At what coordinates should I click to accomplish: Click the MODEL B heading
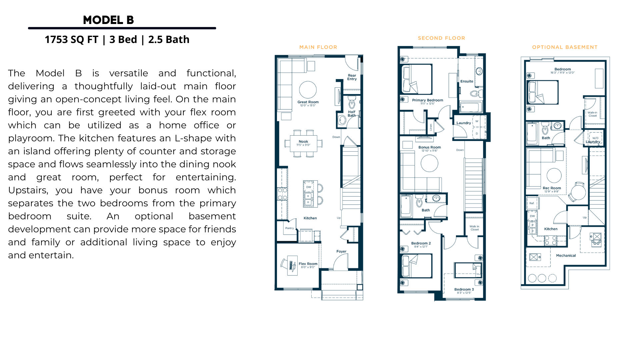108,20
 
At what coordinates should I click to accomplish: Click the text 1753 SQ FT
71,40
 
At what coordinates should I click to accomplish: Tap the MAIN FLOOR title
318,47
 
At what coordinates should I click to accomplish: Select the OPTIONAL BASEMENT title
565,47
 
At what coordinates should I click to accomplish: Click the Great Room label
308,102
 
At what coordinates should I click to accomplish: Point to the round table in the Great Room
308,90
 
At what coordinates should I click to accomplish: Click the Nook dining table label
303,142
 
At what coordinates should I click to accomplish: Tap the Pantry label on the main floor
289,228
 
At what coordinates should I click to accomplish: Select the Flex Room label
308,264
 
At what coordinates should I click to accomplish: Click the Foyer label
341,252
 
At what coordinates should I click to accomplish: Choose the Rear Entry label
352,77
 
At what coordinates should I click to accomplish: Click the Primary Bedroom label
427,100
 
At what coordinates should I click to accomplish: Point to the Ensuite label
467,81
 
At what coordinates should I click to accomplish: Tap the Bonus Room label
429,147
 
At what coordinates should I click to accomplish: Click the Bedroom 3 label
464,290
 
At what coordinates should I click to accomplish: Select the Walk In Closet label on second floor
474,228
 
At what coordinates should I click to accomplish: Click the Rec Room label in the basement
552,188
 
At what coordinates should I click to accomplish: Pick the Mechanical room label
566,256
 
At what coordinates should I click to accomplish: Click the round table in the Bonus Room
429,163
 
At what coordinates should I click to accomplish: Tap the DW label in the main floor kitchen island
308,187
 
